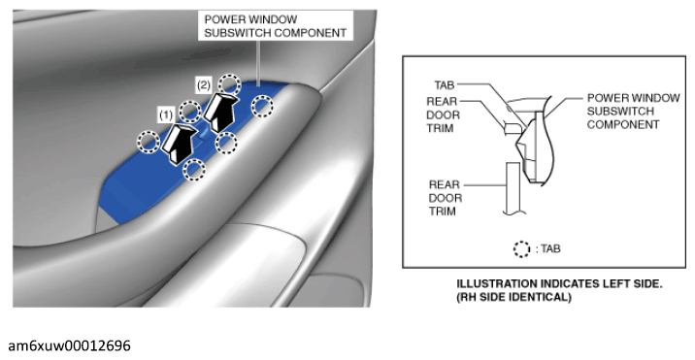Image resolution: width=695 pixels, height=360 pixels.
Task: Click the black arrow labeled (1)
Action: tap(179, 143)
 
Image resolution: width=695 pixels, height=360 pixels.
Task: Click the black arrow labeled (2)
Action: tap(220, 112)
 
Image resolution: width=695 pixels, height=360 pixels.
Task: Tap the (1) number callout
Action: tap(166, 115)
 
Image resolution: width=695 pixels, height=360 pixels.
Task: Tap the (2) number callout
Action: tap(203, 84)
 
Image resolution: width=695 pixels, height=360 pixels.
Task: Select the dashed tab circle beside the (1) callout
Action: tap(189, 111)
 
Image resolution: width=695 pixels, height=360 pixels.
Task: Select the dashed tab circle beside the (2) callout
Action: tap(229, 84)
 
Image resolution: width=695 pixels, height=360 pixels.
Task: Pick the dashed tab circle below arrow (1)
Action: tap(194, 170)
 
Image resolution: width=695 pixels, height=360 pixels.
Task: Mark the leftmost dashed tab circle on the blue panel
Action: tap(149, 142)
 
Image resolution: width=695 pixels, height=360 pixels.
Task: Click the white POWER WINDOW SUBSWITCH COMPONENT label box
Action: tap(276, 26)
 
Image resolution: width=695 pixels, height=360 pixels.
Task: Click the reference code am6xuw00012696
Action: tap(69, 345)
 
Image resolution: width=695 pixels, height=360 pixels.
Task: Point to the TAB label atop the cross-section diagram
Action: tap(445, 84)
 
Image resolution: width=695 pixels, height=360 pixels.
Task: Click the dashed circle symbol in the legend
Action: tap(521, 249)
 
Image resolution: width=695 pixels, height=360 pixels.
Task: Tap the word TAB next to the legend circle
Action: tap(550, 248)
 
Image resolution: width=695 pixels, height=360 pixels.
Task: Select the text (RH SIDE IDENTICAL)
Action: tap(513, 297)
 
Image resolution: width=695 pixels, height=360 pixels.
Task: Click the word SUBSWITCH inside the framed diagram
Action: tap(620, 111)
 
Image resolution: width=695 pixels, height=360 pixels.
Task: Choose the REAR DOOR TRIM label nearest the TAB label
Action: tap(443, 115)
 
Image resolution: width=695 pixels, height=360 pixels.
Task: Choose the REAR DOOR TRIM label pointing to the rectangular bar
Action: tap(445, 198)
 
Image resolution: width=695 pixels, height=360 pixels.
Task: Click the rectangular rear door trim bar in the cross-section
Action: tap(513, 188)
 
